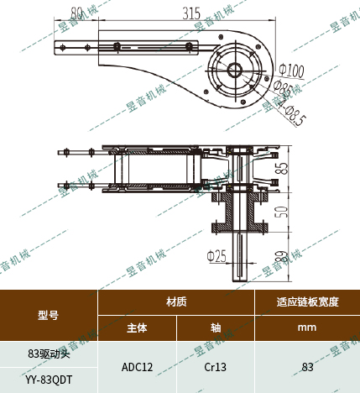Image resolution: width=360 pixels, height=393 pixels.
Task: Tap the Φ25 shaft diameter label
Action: (x=217, y=254)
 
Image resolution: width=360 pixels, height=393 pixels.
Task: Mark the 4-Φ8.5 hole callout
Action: (x=290, y=110)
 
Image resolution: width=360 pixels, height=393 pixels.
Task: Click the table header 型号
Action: (x=49, y=316)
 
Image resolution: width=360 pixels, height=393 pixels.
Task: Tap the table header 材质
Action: (x=176, y=301)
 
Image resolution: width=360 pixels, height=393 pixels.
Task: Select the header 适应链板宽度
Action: (x=307, y=301)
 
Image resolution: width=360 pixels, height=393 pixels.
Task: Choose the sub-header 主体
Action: (x=137, y=328)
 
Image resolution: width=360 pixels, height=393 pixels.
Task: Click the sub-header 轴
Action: (x=215, y=328)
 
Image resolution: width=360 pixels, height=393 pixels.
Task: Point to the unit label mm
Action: (x=307, y=328)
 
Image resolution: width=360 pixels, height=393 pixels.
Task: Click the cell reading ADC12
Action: (x=137, y=367)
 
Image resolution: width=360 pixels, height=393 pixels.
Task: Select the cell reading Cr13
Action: (x=215, y=367)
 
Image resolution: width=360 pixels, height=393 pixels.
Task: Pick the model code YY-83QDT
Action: (x=49, y=380)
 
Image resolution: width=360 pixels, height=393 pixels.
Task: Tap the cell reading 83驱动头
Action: (x=49, y=354)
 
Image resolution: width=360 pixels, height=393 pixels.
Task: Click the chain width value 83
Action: (x=307, y=367)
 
